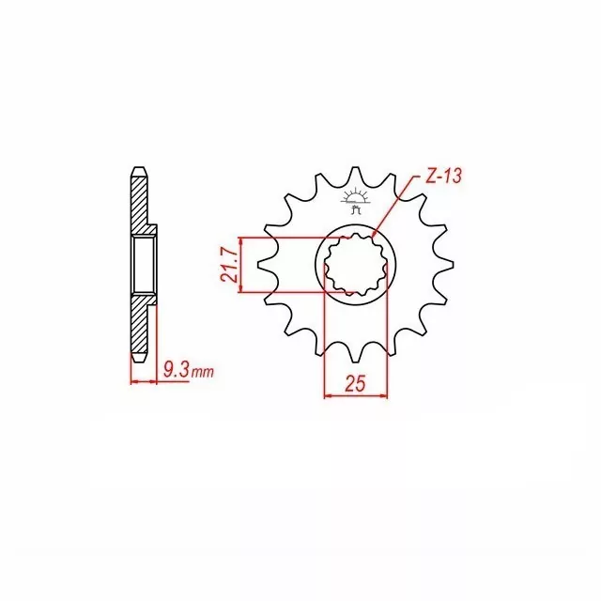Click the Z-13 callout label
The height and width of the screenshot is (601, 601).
[444, 177]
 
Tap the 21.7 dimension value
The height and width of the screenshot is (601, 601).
[229, 265]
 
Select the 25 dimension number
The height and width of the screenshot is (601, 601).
[355, 383]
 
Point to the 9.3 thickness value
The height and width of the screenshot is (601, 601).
[176, 370]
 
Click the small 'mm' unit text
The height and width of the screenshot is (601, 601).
[202, 372]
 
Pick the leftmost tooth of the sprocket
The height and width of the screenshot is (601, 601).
[267, 264]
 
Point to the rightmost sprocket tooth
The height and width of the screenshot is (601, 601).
[444, 264]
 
